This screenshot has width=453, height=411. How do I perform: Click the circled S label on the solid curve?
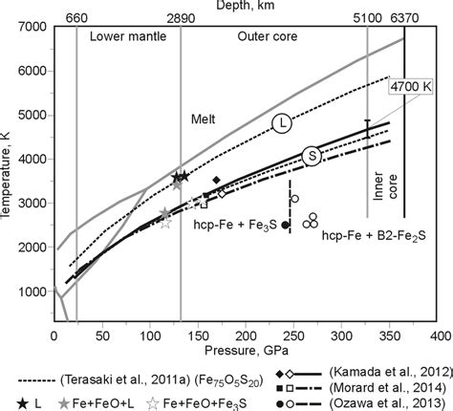click(x=312, y=156)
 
